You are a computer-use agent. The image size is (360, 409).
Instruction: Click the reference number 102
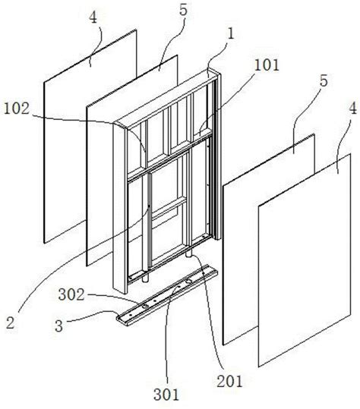tap(16, 109)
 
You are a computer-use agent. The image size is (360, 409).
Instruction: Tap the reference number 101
tap(267, 65)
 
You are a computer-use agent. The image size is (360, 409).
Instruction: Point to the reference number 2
tap(10, 322)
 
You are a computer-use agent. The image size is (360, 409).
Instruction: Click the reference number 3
tap(59, 326)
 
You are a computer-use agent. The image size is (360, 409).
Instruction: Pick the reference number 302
tap(71, 295)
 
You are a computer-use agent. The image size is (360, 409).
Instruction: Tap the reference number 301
tap(166, 394)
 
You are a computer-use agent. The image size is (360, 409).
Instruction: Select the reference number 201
tap(229, 382)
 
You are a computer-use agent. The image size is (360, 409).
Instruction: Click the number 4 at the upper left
tap(93, 18)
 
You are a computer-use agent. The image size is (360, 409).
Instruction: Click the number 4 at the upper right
tap(352, 109)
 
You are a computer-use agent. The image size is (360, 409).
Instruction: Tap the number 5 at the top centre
tap(184, 10)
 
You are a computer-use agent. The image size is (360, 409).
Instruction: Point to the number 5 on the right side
tap(324, 81)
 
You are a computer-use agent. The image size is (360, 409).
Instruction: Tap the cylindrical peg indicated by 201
tap(190, 253)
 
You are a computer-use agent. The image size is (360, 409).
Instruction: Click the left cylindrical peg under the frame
tap(146, 277)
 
